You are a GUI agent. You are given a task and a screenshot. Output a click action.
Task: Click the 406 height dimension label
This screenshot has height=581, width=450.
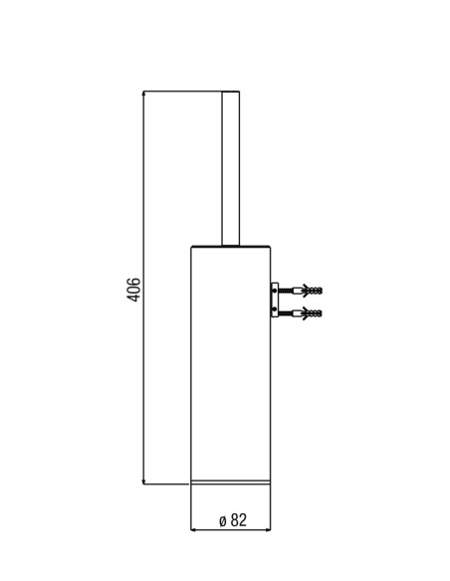click(x=132, y=290)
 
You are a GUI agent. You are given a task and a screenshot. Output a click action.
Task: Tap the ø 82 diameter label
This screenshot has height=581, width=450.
click(x=233, y=520)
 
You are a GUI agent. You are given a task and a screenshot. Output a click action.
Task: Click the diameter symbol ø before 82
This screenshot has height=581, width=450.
click(x=222, y=521)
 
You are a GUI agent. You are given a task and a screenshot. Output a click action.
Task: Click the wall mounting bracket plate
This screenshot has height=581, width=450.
click(x=275, y=300)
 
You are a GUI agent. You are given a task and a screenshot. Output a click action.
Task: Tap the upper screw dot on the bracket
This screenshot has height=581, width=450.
click(x=275, y=291)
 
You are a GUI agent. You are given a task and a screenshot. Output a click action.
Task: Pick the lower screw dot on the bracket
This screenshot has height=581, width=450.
click(x=275, y=309)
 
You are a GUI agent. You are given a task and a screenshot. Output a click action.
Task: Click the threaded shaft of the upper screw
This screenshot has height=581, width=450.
click(x=286, y=290)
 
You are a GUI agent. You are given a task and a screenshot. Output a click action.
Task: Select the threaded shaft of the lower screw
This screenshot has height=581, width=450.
click(x=286, y=313)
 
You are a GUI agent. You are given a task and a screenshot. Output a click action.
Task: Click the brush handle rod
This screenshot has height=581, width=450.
click(x=231, y=168)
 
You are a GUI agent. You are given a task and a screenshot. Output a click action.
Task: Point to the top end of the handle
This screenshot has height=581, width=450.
click(x=231, y=92)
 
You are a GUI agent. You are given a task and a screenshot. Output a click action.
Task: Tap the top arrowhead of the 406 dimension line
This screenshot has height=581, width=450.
click(x=143, y=93)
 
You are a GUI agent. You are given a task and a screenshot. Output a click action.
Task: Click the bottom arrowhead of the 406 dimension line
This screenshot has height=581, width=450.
click(x=143, y=482)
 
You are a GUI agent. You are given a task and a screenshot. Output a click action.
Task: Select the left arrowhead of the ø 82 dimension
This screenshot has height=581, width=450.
click(x=193, y=530)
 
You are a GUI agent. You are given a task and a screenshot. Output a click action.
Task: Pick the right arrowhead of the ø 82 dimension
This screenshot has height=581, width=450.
click(x=269, y=530)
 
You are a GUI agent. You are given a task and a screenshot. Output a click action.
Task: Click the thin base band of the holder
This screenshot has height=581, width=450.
click(x=231, y=483)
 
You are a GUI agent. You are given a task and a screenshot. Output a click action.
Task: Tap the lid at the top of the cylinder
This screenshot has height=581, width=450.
click(x=231, y=246)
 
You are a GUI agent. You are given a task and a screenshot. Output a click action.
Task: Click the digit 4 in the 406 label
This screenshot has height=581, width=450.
click(x=132, y=297)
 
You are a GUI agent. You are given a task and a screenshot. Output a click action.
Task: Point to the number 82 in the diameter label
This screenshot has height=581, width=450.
click(x=238, y=520)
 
